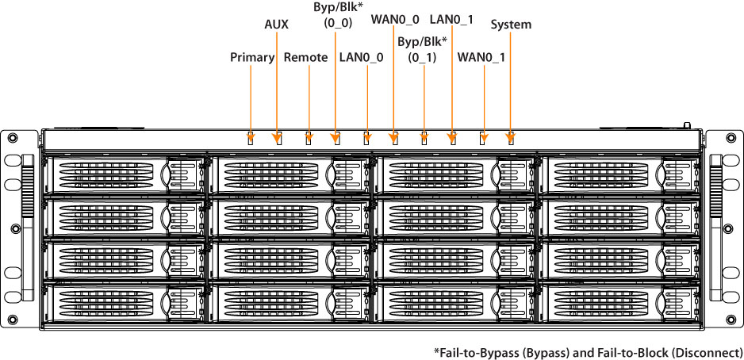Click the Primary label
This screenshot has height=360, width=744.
(x=251, y=57)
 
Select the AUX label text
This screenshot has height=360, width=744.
(x=276, y=25)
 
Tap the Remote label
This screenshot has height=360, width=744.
(x=305, y=57)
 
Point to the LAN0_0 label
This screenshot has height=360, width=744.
(x=361, y=57)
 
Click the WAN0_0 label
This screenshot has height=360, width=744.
(x=395, y=17)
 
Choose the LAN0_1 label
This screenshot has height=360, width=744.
(x=451, y=17)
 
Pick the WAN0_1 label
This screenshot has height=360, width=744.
(x=481, y=57)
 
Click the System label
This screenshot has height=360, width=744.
(x=511, y=25)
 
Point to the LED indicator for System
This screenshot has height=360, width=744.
(x=510, y=140)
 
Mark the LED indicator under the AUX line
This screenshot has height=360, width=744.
(x=278, y=139)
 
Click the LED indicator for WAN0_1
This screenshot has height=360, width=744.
(x=483, y=139)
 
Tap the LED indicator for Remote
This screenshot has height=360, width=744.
(x=309, y=139)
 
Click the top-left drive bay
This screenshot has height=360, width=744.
(x=125, y=174)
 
